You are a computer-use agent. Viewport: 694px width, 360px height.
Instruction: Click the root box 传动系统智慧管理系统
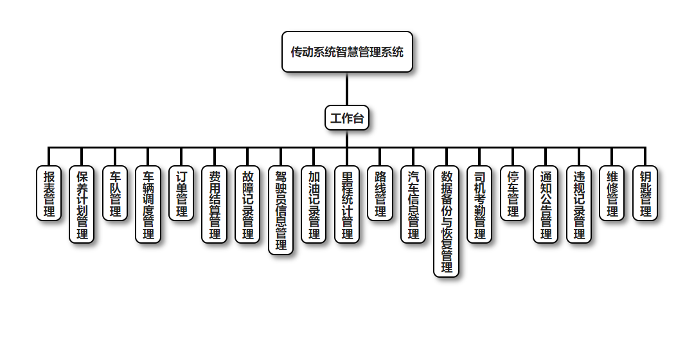tap(347, 52)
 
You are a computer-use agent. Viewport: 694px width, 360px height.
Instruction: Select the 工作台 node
tap(347, 118)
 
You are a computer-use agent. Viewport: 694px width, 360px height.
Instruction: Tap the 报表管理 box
tap(49, 194)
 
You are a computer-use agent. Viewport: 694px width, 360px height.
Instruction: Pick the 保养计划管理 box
tap(82, 204)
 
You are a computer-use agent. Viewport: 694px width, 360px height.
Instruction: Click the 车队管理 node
tap(116, 194)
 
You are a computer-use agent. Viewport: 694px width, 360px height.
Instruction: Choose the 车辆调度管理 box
tap(148, 204)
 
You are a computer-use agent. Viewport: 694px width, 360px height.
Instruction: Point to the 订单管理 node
tap(182, 194)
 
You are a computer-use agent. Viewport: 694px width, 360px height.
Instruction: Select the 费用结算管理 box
tap(215, 204)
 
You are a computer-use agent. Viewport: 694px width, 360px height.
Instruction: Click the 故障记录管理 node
tap(248, 204)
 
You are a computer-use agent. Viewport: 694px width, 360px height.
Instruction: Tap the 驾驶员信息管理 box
tap(281, 210)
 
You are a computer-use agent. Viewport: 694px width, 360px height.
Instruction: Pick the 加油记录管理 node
tap(314, 204)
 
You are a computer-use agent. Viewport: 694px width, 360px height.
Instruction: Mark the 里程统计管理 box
tap(347, 204)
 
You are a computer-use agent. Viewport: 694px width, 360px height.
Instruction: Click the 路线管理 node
tap(380, 194)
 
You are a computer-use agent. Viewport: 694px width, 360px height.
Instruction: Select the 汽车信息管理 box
tap(413, 204)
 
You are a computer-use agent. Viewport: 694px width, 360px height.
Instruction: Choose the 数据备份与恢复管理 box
tap(447, 221)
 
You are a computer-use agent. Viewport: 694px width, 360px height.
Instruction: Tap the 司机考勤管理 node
tap(479, 204)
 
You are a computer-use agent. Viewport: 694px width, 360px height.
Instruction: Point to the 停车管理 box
tap(513, 194)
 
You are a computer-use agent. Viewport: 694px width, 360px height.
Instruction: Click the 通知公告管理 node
tap(546, 204)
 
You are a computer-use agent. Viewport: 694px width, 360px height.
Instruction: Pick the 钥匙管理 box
tap(645, 194)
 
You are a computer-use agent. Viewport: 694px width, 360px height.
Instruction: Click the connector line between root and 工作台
tap(347, 89)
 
